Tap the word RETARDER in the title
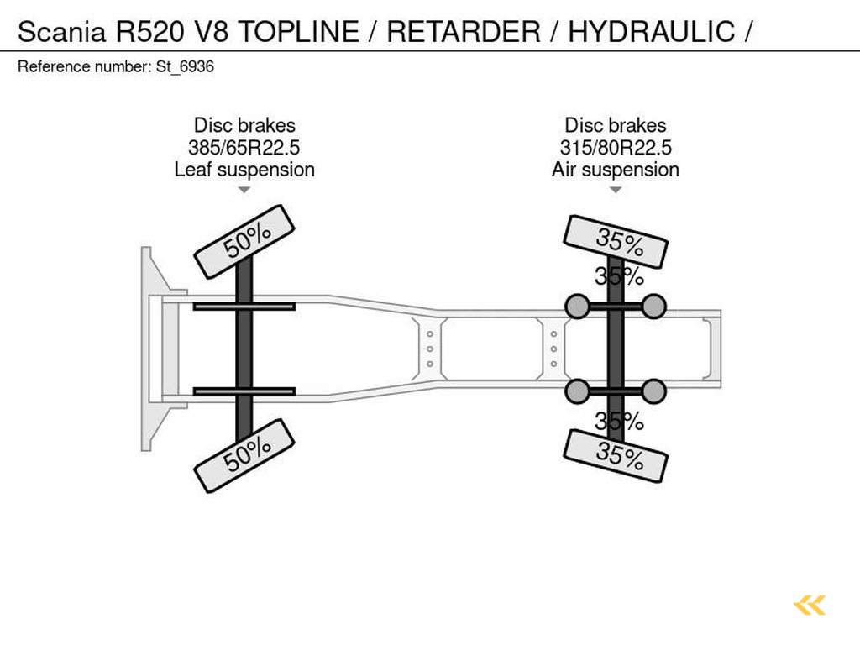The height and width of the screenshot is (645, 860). (x=464, y=32)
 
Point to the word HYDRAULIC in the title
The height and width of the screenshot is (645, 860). (x=651, y=32)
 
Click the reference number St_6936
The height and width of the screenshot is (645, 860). (x=185, y=67)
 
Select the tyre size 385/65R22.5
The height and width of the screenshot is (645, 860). (x=244, y=148)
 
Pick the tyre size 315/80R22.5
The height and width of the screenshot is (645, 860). (x=616, y=148)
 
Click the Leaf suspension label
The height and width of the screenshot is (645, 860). (x=244, y=170)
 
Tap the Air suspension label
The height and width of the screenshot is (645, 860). (x=616, y=170)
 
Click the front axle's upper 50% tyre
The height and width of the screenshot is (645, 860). (x=244, y=242)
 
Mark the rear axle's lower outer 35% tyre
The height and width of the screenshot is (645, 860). (x=616, y=455)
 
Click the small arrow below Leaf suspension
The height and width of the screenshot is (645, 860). (x=244, y=190)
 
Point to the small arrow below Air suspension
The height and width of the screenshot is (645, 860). (x=616, y=190)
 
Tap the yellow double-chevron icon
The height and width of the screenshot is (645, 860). (x=809, y=605)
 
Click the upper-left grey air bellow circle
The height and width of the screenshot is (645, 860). (x=578, y=307)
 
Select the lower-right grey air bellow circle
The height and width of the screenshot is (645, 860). (x=653, y=391)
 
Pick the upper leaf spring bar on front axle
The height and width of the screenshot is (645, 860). (x=244, y=307)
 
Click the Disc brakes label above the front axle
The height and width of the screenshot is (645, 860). (x=244, y=126)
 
